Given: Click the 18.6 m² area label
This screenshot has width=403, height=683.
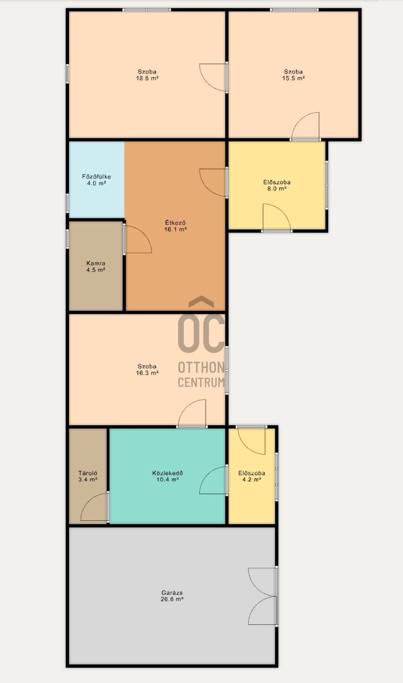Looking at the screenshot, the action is [147, 78].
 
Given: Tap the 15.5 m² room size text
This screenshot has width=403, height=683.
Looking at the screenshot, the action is [294, 78].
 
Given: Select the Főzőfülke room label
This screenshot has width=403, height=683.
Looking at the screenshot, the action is [96, 176].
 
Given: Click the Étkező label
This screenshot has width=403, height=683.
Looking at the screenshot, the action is [175, 223].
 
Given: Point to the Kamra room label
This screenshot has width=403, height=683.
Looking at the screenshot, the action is [96, 263].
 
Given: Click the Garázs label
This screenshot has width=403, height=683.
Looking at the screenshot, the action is [172, 593].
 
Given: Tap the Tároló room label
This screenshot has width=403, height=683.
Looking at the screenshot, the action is [88, 473].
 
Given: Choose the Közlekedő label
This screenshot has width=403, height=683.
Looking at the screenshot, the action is [167, 473].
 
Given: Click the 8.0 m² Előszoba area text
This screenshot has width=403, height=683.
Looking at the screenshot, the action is [277, 189].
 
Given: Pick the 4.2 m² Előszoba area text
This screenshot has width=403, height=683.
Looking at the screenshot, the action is [252, 480].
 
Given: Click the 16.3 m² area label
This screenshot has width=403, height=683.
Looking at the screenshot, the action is [147, 373].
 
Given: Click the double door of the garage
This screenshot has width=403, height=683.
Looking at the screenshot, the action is [263, 596].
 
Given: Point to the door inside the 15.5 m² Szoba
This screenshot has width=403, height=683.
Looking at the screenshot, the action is [306, 126].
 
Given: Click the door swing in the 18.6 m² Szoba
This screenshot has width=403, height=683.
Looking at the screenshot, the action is [213, 78].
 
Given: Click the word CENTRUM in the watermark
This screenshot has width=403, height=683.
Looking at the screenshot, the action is [201, 382].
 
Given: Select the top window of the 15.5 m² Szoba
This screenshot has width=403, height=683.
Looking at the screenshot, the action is [294, 10].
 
